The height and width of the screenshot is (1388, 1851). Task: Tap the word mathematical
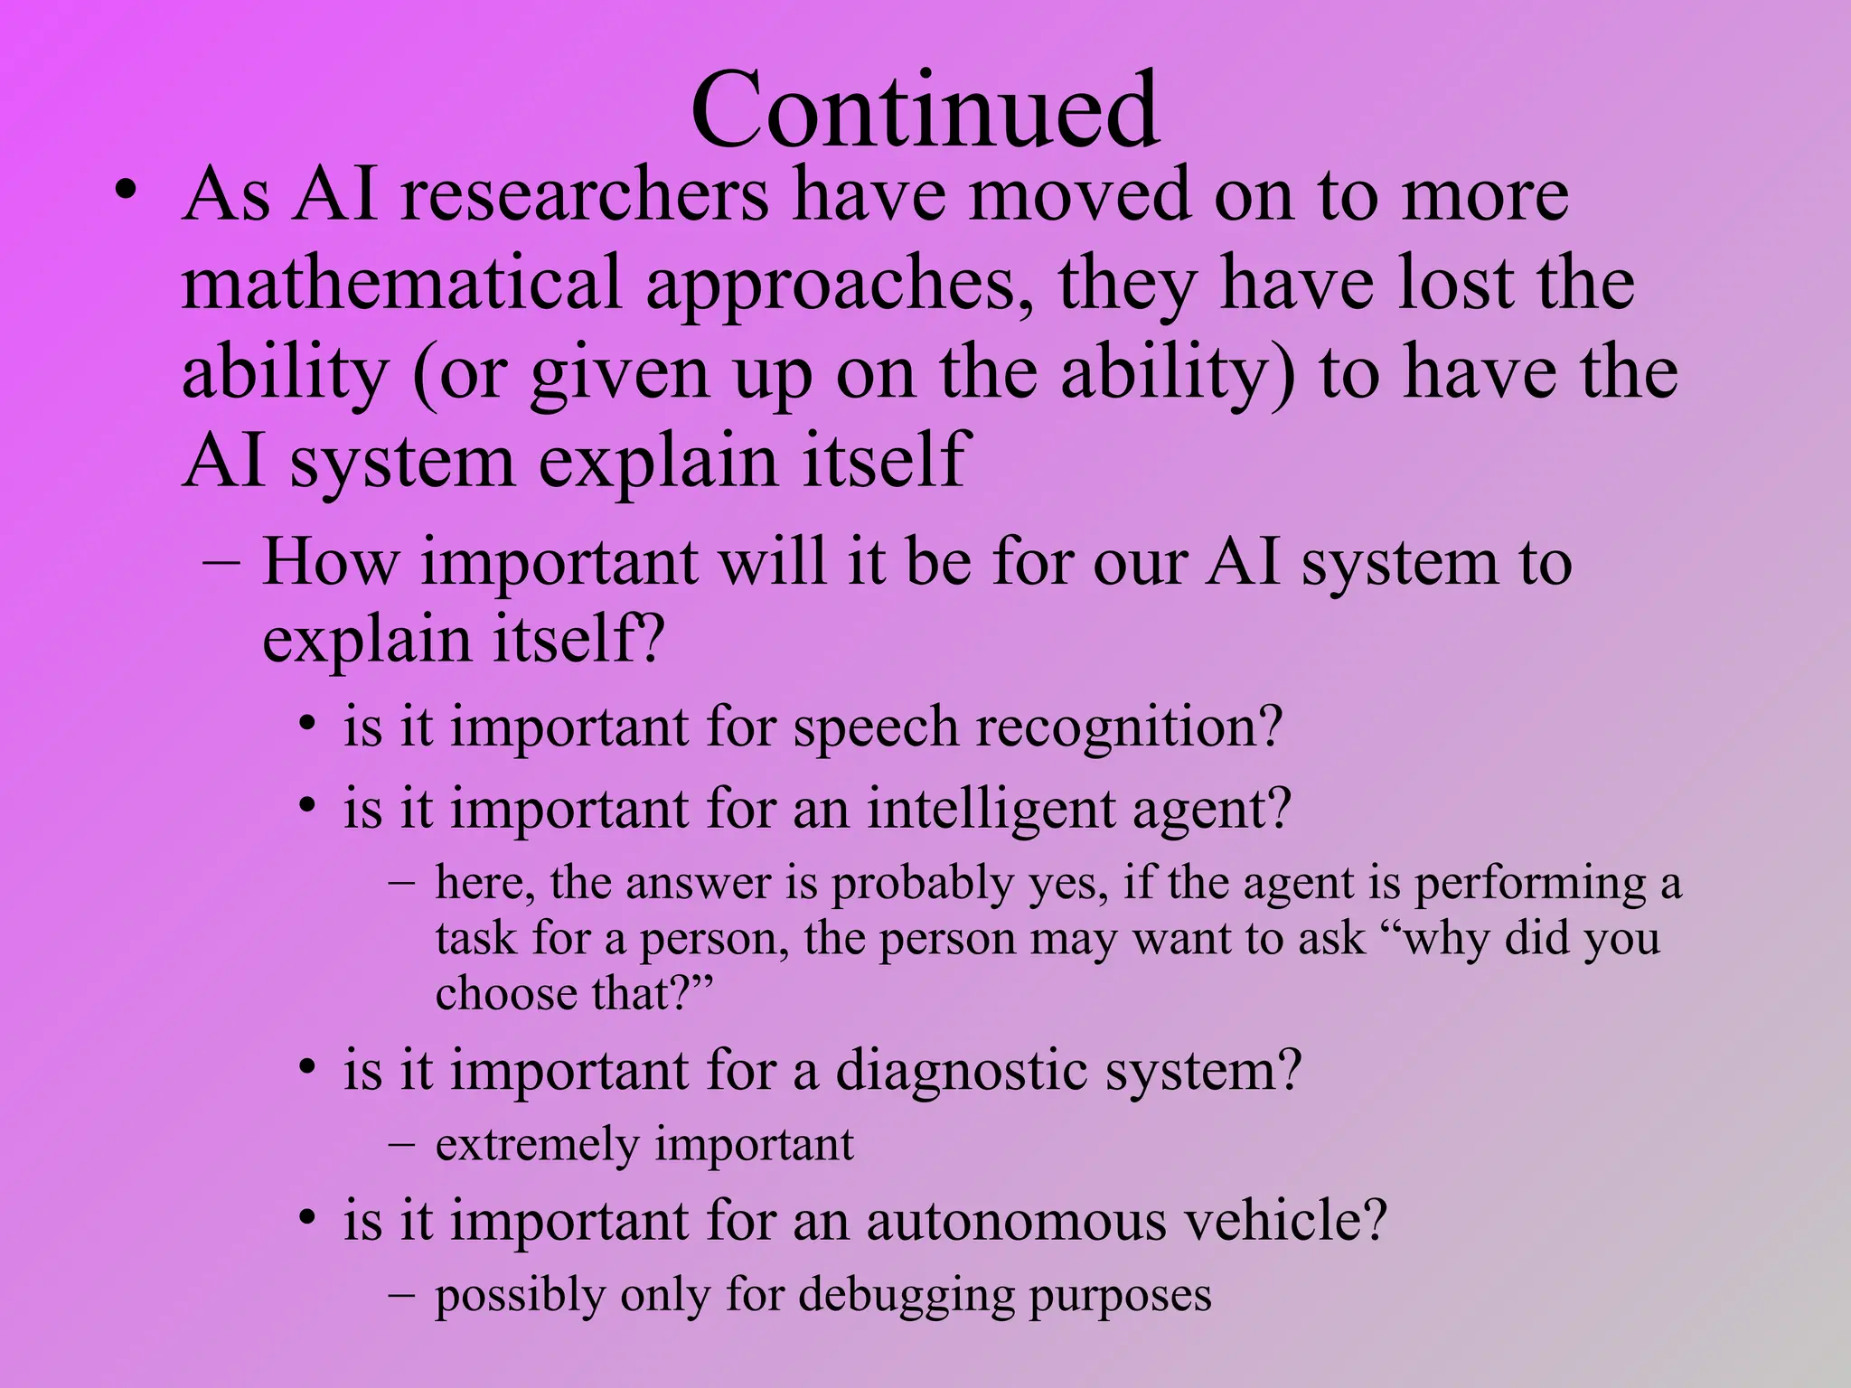(401, 284)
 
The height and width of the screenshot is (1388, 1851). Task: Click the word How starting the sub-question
(329, 562)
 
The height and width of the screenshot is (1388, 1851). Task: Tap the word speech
(875, 728)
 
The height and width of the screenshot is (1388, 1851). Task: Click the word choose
(506, 994)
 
